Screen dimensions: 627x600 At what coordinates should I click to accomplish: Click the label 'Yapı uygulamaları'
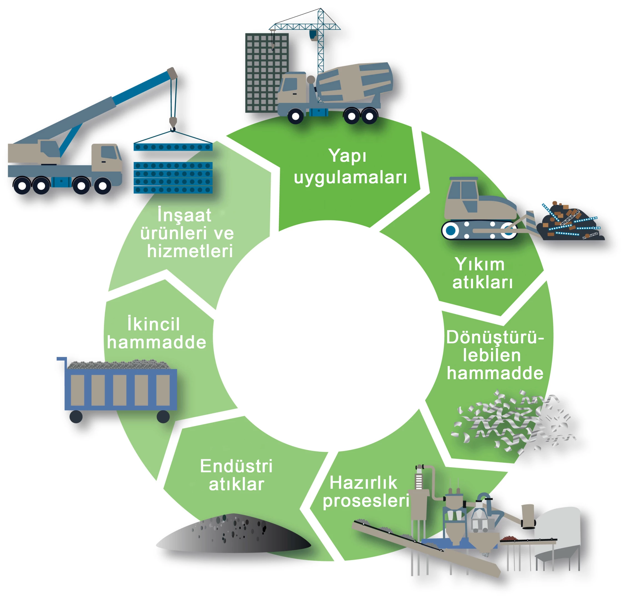(350, 166)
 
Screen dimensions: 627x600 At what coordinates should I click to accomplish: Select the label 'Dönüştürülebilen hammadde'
(494, 355)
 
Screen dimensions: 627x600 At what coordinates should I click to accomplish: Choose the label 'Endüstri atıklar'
(236, 475)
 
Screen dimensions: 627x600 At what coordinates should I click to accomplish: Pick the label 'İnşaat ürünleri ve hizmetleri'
(187, 233)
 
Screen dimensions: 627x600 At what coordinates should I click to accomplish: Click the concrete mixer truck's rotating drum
(354, 82)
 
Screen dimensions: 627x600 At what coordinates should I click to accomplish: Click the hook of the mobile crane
(173, 124)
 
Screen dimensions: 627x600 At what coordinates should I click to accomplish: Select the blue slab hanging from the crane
(173, 147)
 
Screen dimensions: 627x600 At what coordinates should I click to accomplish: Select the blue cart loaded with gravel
(118, 388)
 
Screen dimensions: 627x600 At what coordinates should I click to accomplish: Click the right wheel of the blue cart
(163, 416)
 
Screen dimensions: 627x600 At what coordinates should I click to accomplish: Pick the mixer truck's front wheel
(296, 116)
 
